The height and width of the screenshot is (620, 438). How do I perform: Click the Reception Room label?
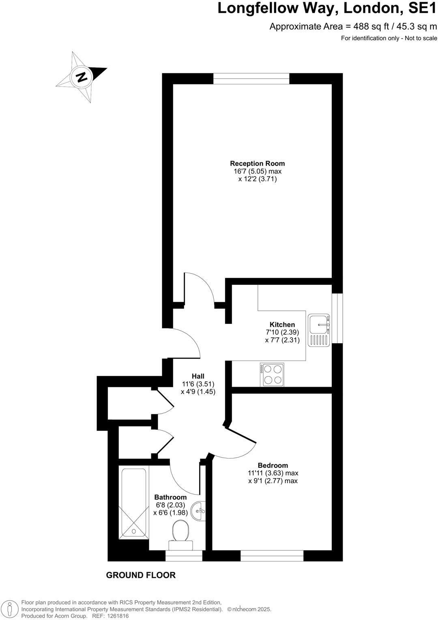tap(257, 164)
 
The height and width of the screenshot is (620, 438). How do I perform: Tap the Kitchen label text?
tap(282, 325)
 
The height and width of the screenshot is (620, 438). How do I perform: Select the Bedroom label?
tap(273, 465)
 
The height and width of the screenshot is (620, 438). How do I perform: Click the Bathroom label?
tap(170, 497)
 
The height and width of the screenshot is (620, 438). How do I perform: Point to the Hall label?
tap(198, 376)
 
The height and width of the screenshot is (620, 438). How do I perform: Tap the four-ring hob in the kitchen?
tap(272, 375)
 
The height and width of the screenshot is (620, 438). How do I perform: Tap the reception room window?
tap(251, 78)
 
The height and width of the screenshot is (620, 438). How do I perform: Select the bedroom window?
tap(272, 556)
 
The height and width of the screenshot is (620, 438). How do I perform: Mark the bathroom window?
tap(184, 556)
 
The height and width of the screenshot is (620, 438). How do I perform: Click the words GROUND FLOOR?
tap(141, 575)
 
